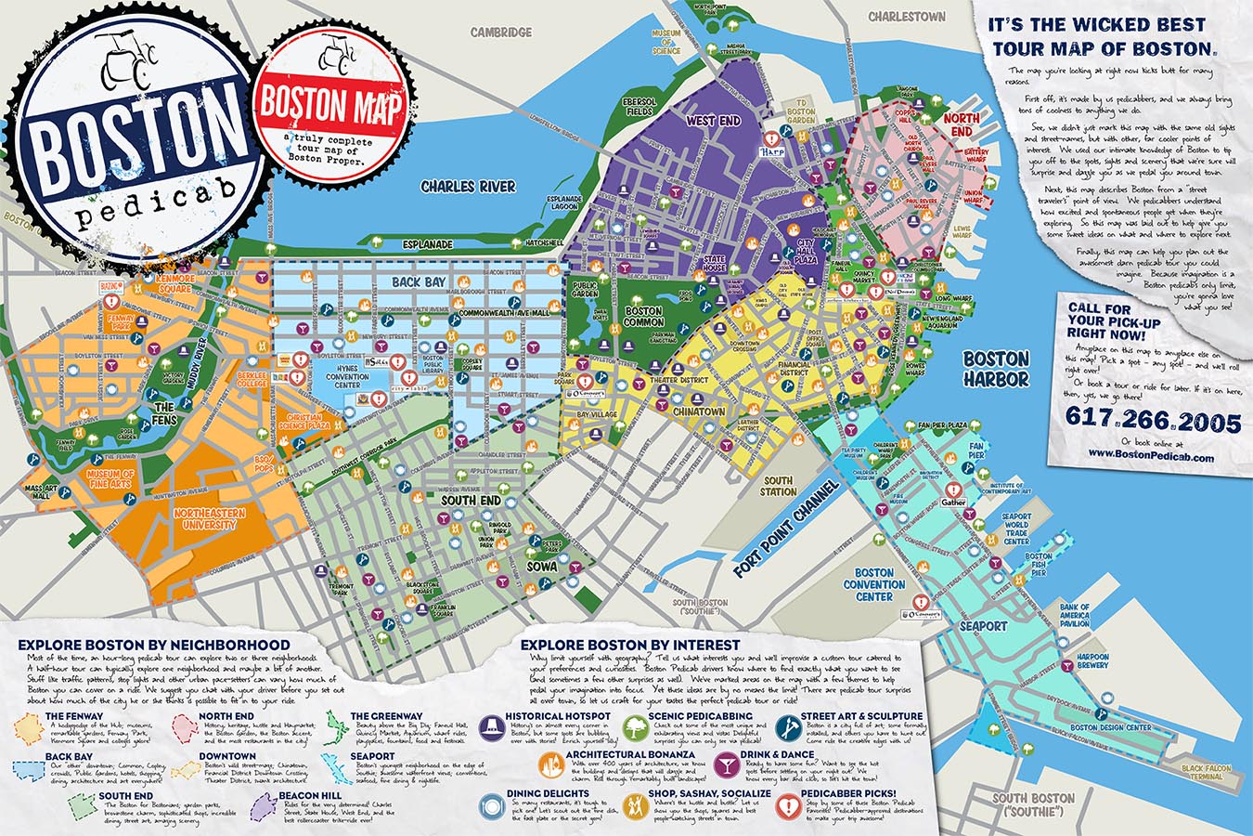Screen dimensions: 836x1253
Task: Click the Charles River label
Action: pyautogui.click(x=468, y=186)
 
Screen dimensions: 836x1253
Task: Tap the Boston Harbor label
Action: pyautogui.click(x=995, y=369)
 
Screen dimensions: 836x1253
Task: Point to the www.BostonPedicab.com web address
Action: pyautogui.click(x=1151, y=455)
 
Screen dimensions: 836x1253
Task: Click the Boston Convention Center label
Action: pyautogui.click(x=873, y=585)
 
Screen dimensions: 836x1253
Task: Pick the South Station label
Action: pyautogui.click(x=778, y=485)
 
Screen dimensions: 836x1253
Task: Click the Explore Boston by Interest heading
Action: pyautogui.click(x=630, y=645)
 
